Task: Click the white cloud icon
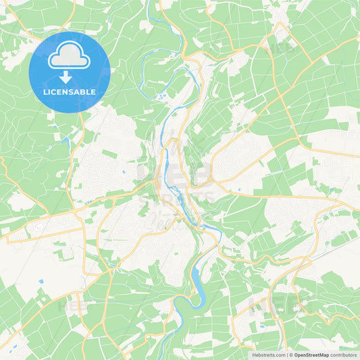click(x=69, y=56)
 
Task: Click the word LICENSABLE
click(x=70, y=91)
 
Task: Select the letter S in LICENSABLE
click(x=75, y=91)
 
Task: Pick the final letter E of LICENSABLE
click(x=93, y=91)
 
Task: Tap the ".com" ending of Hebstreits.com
click(x=280, y=355)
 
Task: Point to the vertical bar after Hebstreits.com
click(x=287, y=355)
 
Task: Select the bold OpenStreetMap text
click(x=311, y=355)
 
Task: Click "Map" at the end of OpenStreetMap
click(x=324, y=355)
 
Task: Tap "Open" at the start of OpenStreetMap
click(x=301, y=355)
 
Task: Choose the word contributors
click(x=343, y=355)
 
